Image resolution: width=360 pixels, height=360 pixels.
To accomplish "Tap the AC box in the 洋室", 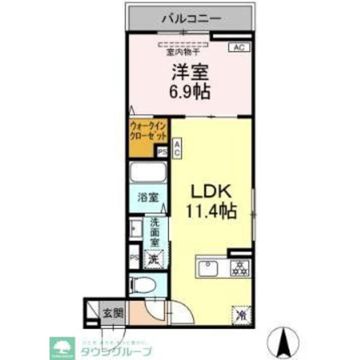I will (238, 48).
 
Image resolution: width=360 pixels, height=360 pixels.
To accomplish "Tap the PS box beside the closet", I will (163, 151).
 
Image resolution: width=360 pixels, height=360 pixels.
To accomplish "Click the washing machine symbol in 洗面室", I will (153, 259).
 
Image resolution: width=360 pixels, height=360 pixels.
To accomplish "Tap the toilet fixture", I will (146, 285).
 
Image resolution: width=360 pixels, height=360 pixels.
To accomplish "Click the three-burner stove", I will (239, 268).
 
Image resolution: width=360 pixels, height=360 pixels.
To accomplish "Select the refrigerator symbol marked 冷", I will (238, 313).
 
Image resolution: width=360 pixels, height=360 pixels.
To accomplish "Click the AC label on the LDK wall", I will (177, 149).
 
